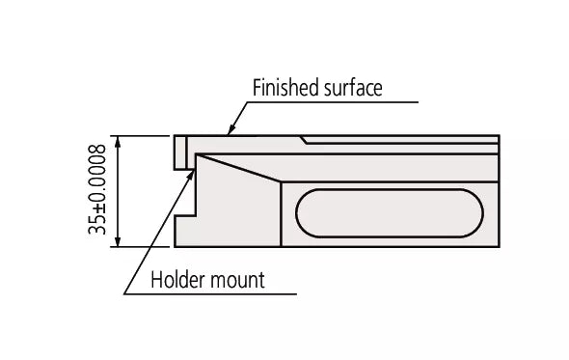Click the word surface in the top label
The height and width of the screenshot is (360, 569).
click(353, 88)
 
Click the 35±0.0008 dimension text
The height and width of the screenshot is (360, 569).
click(95, 190)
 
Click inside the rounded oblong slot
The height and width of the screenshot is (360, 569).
click(391, 212)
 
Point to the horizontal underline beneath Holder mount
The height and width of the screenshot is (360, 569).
click(207, 293)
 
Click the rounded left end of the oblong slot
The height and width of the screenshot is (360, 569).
click(302, 212)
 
